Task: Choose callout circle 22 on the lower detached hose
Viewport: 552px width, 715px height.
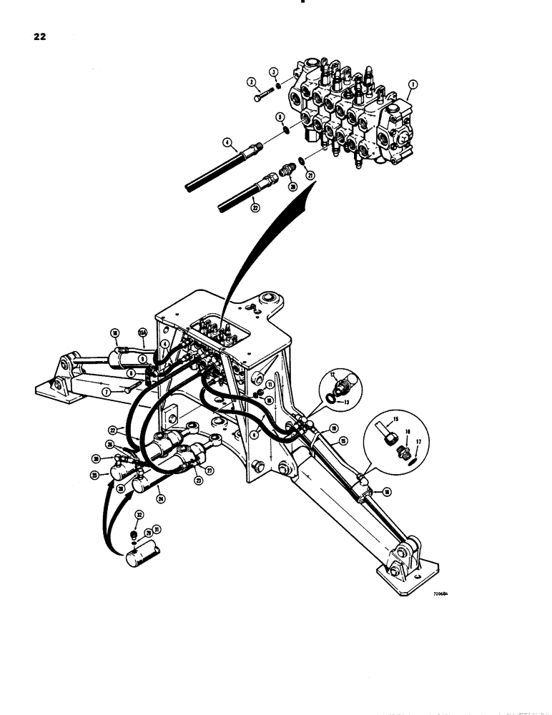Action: tap(255, 208)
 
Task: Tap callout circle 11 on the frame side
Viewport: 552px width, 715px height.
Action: tap(270, 384)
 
